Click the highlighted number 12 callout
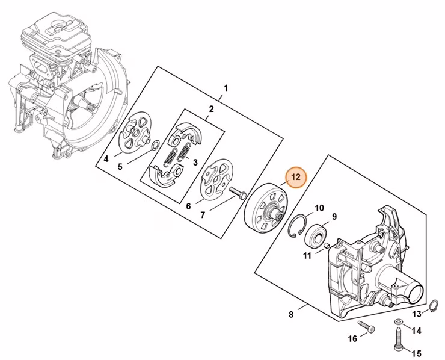(x=296, y=178)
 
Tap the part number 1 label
(x=226, y=88)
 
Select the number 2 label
(x=212, y=109)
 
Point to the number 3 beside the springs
(x=195, y=163)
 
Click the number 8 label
(x=291, y=314)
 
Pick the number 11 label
(x=307, y=256)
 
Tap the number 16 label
(x=352, y=339)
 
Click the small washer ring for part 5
(x=155, y=146)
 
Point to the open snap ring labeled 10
(x=297, y=226)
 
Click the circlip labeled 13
(x=433, y=306)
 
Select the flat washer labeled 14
(x=399, y=322)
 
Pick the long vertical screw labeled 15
(x=398, y=340)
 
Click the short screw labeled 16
(x=366, y=326)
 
